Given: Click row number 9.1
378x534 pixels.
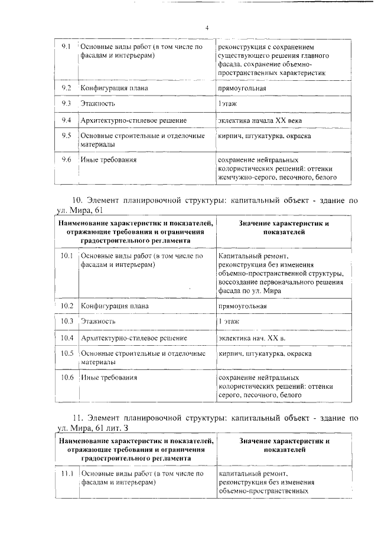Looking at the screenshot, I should pyautogui.click(x=67, y=46).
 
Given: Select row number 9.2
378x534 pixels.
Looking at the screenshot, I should pyautogui.click(x=67, y=88).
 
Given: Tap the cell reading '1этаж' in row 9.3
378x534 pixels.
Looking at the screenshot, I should pyautogui.click(x=229, y=104).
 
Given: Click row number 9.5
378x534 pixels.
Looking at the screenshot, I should pyautogui.click(x=67, y=136).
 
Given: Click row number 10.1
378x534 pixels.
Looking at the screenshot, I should pyautogui.click(x=67, y=256).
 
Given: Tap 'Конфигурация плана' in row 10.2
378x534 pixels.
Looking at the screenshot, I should pyautogui.click(x=115, y=306).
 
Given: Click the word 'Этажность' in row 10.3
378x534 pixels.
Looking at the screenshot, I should pyautogui.click(x=98, y=322).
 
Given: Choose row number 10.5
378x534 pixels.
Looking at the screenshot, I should pyautogui.click(x=67, y=353).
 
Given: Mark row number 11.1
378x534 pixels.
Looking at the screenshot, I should pyautogui.click(x=67, y=473).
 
